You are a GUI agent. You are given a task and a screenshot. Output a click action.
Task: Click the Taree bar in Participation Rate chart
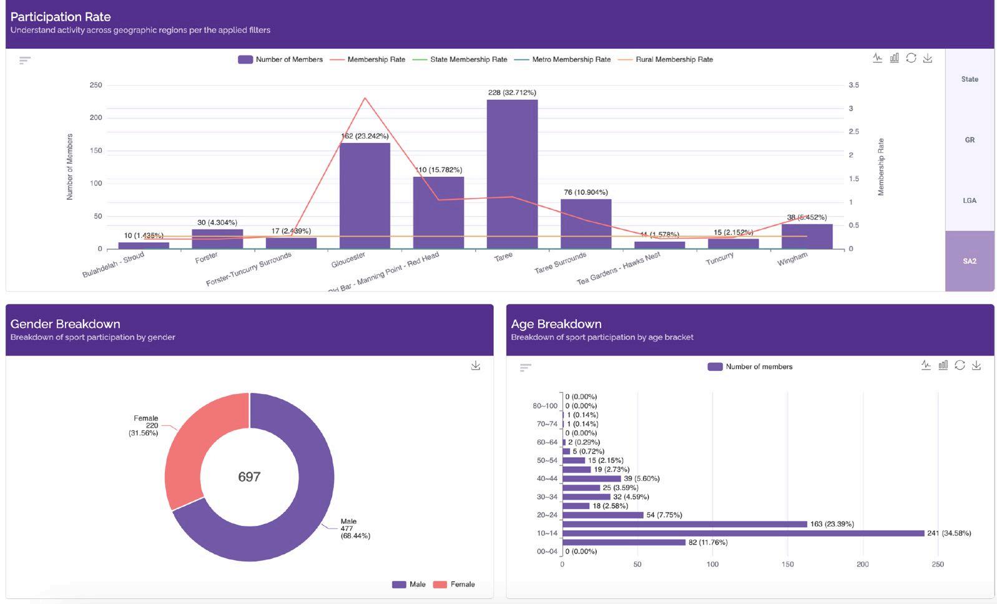point(512,175)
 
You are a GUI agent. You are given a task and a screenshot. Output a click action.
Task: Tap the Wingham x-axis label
point(792,259)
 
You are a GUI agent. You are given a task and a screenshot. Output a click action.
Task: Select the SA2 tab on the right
point(969,261)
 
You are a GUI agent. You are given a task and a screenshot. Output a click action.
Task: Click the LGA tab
point(969,201)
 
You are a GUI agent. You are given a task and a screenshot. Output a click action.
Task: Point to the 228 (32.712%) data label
point(512,92)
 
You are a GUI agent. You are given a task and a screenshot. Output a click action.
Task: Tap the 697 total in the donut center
point(249,477)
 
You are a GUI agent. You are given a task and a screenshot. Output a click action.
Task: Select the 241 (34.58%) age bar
point(743,533)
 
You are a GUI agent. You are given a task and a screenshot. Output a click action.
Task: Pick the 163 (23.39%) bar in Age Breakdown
point(684,524)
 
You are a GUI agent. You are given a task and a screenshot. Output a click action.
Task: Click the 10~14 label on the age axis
point(547,533)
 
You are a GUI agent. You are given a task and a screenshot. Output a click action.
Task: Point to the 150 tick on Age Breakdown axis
point(787,565)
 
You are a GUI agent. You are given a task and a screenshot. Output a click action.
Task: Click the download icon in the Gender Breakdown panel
point(476,365)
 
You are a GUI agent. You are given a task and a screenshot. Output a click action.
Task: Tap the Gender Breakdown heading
point(66,324)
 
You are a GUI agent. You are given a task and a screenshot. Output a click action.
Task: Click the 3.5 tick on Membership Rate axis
point(853,85)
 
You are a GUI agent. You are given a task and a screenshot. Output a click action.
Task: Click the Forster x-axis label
point(206,257)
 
